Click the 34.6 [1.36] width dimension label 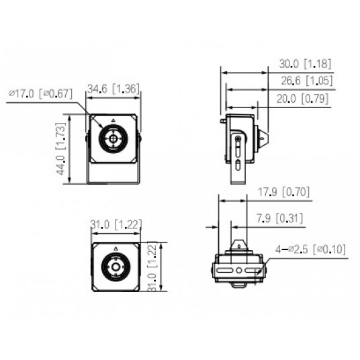114,89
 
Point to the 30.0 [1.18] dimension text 306,64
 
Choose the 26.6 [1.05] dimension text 306,81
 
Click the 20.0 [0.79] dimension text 306,98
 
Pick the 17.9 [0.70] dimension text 285,192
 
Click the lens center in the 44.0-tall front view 112,141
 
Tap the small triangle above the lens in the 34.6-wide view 113,122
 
